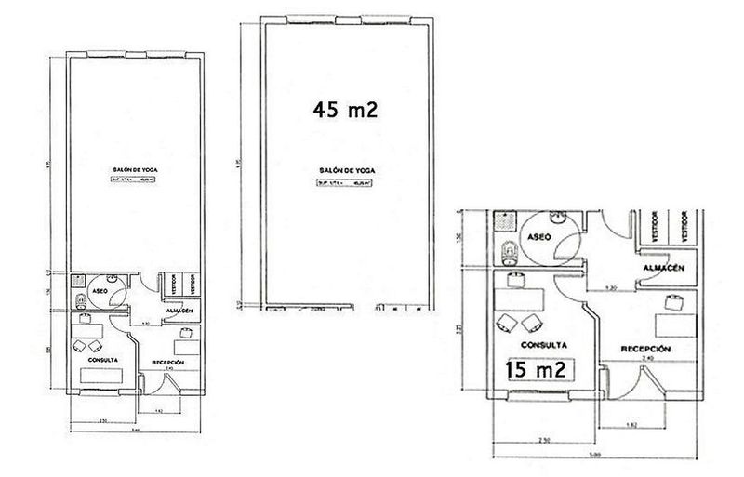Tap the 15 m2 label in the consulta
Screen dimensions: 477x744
click(537, 369)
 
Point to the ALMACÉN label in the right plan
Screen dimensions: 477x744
click(664, 267)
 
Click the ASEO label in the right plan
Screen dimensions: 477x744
click(539, 238)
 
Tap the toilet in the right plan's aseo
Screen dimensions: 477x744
click(509, 251)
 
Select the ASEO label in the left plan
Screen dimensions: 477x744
click(101, 290)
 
